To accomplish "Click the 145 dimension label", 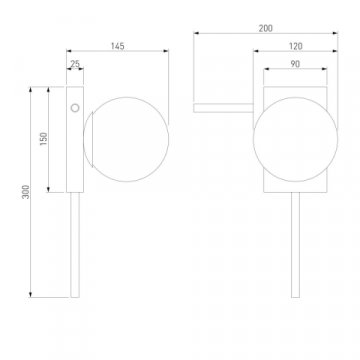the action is coord(117,46).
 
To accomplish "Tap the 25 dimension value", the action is coord(75,64).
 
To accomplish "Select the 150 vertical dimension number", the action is coord(44,139).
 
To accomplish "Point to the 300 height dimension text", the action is coord(26,192).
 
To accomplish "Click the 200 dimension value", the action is coord(265,29).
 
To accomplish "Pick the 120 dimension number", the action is coord(295,46).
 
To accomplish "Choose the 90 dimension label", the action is coord(295,64).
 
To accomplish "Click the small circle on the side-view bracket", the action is coord(75,108).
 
